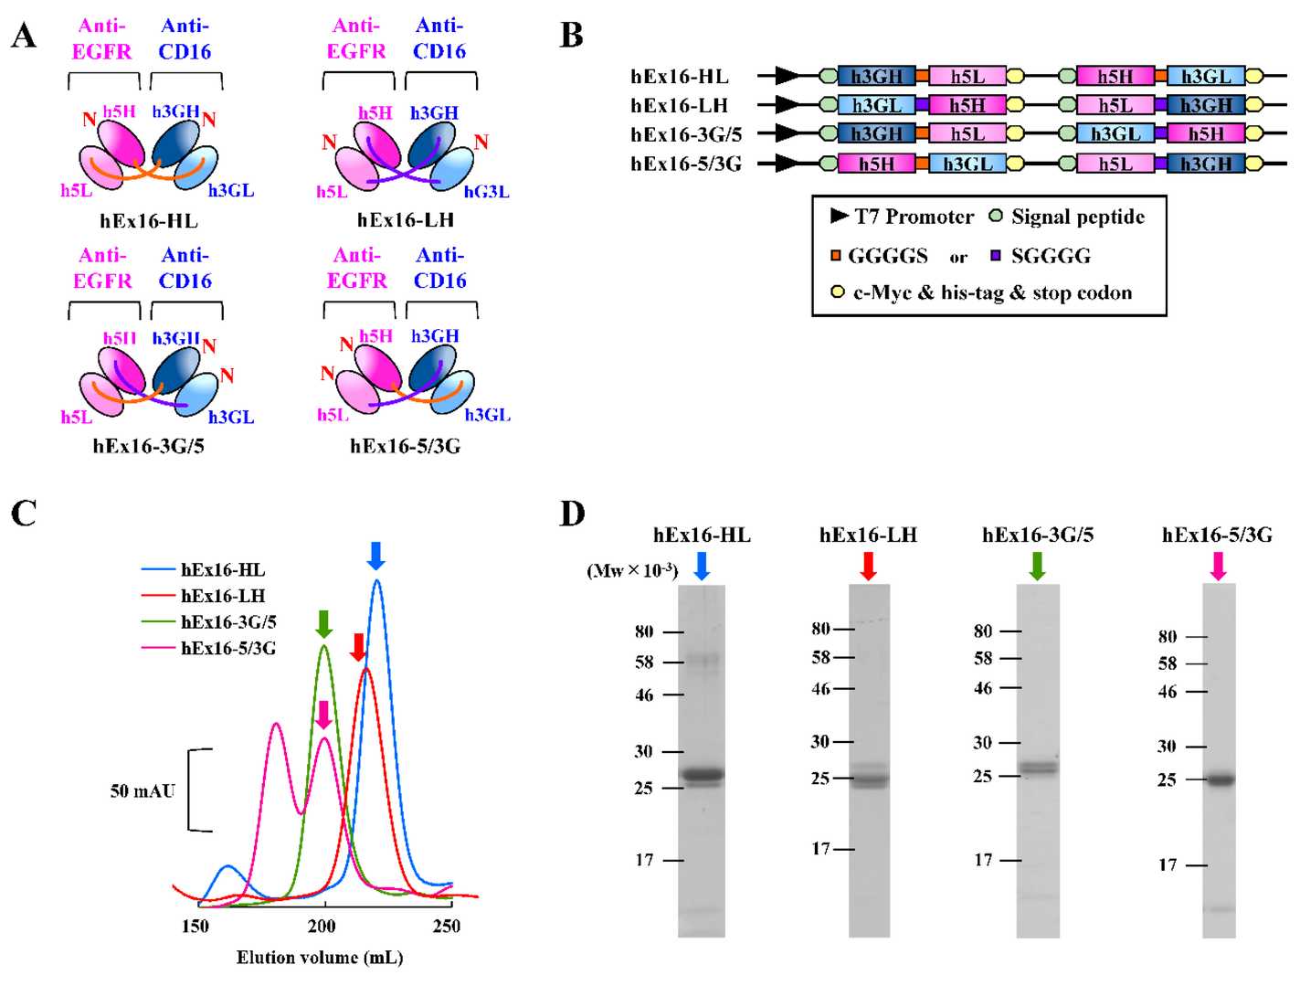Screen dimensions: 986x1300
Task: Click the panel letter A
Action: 25,36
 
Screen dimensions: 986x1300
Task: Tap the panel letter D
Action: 572,514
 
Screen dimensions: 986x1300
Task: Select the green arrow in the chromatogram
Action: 323,624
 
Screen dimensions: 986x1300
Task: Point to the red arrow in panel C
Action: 358,647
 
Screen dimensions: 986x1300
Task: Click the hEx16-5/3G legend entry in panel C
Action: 228,649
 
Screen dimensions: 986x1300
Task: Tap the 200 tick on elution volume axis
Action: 322,926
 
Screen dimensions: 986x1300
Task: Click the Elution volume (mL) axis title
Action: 320,957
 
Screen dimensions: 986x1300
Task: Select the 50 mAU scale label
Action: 143,791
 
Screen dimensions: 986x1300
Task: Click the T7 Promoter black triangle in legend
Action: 839,216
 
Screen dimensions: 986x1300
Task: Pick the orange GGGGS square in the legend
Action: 835,256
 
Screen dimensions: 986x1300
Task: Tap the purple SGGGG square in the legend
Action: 997,256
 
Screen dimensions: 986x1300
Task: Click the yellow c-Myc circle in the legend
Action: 836,292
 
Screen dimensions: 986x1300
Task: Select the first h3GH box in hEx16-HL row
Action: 876,77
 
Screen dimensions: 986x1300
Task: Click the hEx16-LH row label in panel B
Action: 679,105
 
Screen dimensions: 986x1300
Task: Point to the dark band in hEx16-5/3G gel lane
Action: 1219,779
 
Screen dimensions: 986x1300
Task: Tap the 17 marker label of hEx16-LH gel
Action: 820,849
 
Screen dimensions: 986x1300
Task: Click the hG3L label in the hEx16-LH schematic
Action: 486,192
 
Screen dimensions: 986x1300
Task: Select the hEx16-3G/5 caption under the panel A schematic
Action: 148,446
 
